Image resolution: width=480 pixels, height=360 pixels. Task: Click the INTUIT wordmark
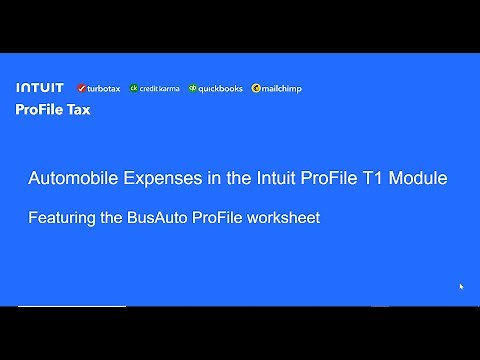[40, 88]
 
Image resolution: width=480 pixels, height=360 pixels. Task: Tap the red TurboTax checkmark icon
[79, 88]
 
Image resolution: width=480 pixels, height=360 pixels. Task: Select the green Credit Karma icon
[133, 88]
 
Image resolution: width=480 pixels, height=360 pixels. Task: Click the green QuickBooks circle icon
[192, 88]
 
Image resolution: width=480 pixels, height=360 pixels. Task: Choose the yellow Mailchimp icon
[256, 88]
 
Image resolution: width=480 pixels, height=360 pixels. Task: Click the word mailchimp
[282, 88]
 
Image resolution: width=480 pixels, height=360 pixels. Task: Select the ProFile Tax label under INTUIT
[53, 110]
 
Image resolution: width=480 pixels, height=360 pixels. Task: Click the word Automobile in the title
[69, 179]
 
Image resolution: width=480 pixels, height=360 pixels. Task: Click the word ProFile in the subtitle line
[220, 217]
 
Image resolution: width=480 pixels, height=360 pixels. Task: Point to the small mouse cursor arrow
[461, 287]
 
